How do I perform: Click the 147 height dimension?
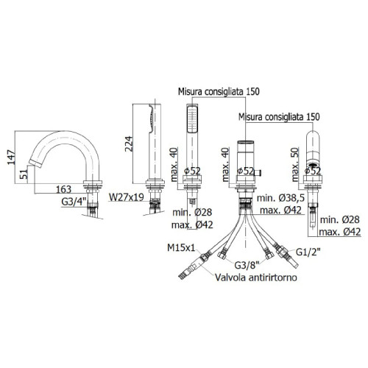coord(11,158)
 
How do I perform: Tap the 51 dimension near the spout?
coord(24,174)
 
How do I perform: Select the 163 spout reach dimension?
coord(64,189)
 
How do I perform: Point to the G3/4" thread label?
coord(74,202)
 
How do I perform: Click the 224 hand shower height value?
coord(129,144)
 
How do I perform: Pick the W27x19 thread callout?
coord(127,197)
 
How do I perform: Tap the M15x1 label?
coord(181,247)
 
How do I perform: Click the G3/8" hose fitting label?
coord(247,265)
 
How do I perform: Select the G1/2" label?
coord(308,252)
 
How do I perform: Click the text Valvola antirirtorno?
coord(256,277)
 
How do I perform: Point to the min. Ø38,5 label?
coord(280,198)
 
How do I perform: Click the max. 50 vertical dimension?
coord(296,164)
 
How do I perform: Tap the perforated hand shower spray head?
coord(192,118)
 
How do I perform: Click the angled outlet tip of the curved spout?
coord(36,163)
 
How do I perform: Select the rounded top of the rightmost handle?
coord(313,135)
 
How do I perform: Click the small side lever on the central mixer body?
coord(258,173)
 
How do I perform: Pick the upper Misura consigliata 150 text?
coord(219,91)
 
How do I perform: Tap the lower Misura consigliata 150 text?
coord(279,117)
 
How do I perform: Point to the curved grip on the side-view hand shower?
coord(151,117)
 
